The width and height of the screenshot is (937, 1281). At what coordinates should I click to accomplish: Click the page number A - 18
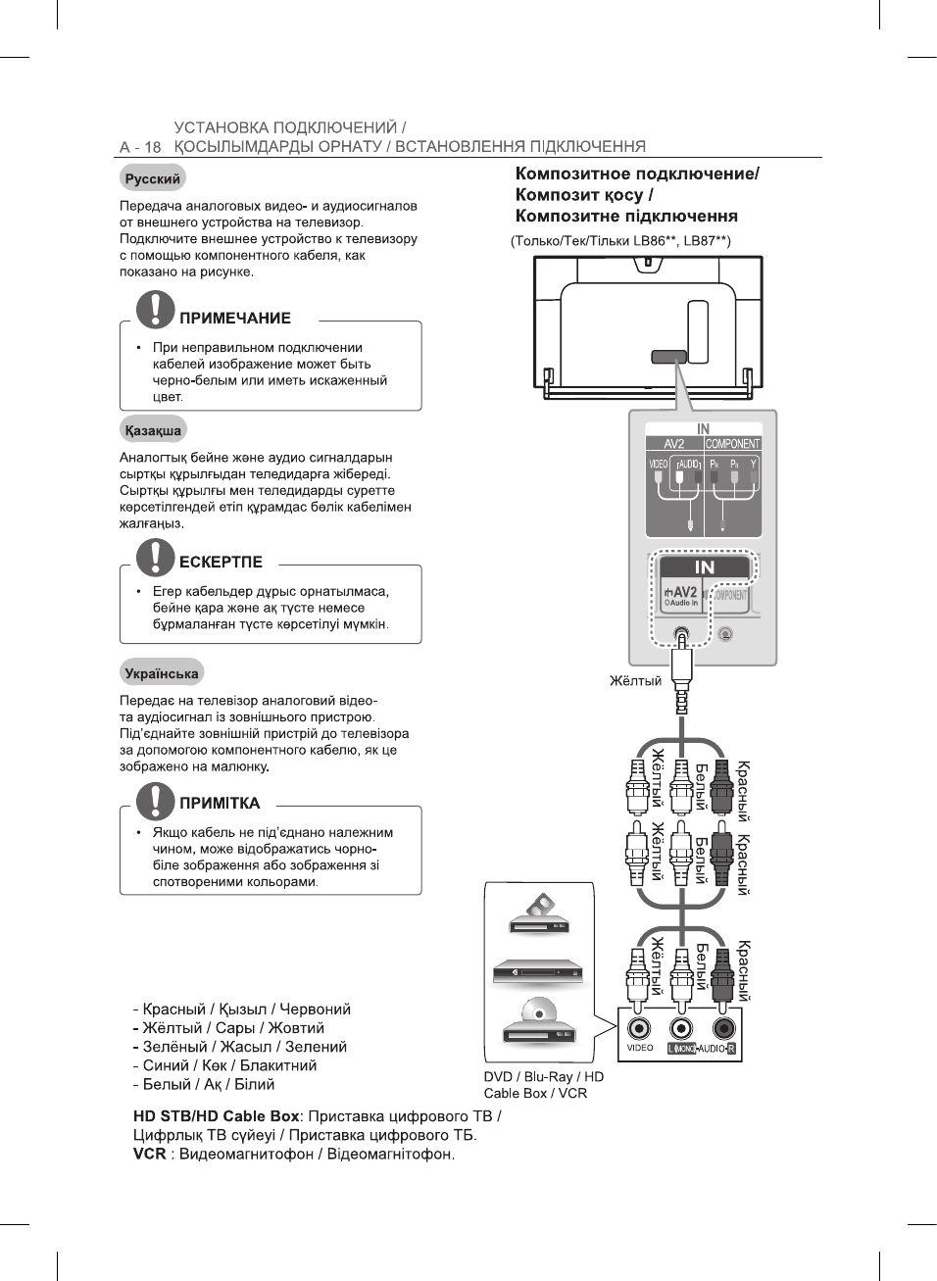point(139,147)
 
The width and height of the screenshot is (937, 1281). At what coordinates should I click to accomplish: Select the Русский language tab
point(152,178)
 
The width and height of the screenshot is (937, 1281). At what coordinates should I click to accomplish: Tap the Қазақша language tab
point(152,430)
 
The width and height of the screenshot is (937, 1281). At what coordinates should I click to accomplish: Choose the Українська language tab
point(162,673)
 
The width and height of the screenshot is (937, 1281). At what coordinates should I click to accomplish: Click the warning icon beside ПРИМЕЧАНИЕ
point(155,310)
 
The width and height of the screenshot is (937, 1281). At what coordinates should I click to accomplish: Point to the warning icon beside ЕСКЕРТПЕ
point(155,556)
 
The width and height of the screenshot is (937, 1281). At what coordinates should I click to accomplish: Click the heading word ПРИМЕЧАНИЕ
point(235,319)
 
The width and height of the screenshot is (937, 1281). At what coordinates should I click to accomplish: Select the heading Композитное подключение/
point(637,173)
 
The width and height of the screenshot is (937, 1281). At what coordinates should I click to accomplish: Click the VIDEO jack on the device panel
point(639,1028)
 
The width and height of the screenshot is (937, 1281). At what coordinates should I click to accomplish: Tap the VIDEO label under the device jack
point(639,1048)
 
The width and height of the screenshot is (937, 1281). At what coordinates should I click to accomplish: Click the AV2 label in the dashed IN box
point(683,592)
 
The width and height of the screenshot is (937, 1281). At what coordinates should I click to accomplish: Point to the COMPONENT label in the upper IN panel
point(732,444)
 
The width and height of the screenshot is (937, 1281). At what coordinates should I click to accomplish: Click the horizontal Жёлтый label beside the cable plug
point(635,681)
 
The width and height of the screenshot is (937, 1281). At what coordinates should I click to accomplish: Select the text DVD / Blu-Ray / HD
point(543,1076)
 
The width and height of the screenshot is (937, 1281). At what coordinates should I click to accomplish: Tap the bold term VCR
point(150,1154)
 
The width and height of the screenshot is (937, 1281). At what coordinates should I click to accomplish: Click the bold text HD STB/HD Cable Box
point(216,1116)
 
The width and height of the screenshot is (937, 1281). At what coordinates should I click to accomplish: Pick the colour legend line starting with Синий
point(224,1065)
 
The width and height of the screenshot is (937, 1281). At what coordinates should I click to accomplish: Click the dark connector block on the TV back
point(668,358)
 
